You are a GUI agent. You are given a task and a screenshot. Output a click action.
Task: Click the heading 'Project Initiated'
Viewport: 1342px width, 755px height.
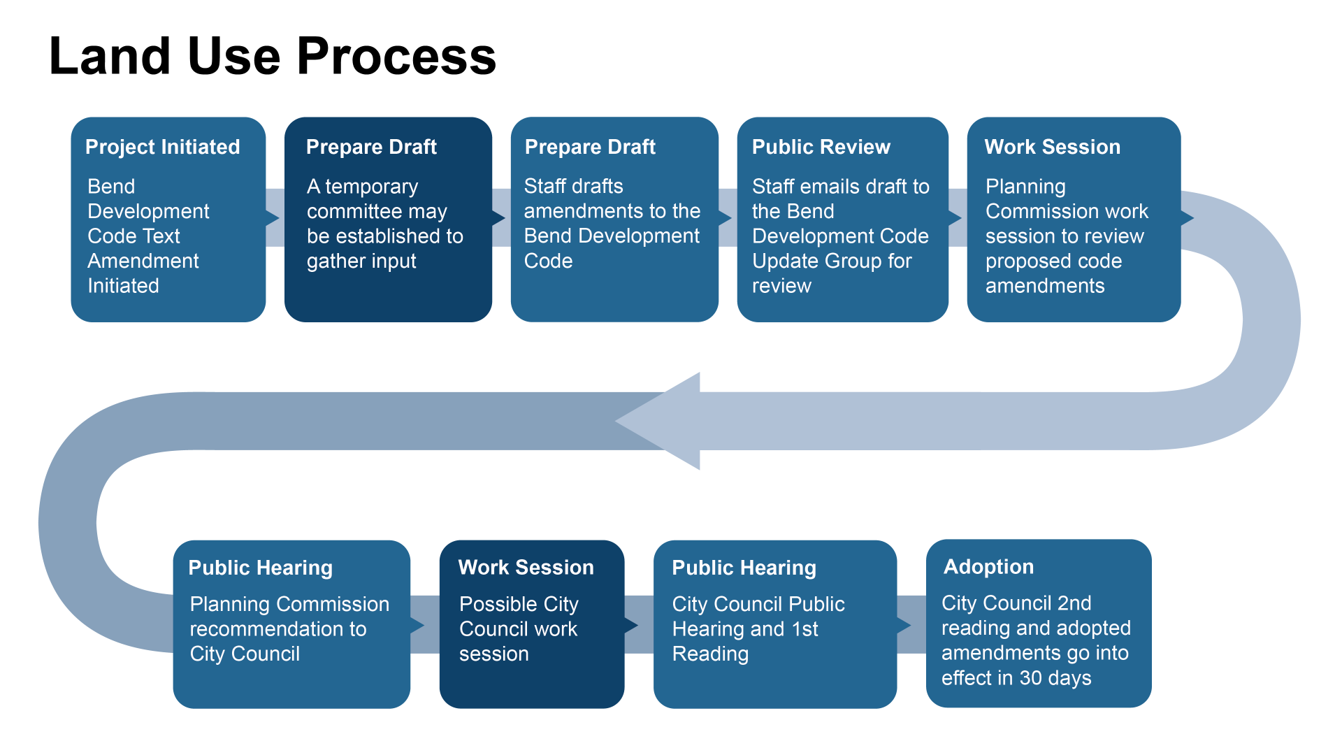(162, 147)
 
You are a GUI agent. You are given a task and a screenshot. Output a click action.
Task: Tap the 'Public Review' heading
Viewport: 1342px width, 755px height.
(821, 147)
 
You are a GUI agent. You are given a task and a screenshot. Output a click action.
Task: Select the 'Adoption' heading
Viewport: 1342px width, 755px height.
(988, 566)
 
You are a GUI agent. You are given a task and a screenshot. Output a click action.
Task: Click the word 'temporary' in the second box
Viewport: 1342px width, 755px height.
(371, 187)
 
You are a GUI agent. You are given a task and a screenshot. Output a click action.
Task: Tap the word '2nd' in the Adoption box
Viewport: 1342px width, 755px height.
(1074, 603)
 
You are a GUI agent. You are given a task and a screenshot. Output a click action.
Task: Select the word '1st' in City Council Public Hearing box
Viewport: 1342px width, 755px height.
(805, 629)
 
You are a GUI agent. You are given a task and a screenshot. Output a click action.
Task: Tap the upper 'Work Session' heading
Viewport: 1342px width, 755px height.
(1052, 147)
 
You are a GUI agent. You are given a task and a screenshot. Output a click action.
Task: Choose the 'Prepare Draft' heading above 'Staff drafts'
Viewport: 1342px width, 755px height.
(590, 147)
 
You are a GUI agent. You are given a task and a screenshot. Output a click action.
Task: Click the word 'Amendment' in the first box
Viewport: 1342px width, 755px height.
(143, 261)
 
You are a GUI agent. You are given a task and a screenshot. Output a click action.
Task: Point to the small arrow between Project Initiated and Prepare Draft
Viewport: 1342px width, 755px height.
(273, 218)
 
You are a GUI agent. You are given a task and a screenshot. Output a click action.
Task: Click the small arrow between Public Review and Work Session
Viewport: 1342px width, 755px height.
(955, 218)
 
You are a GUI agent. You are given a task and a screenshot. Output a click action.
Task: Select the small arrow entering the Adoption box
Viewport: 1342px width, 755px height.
(904, 625)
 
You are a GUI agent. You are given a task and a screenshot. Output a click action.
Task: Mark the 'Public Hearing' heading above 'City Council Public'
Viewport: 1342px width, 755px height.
(744, 568)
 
